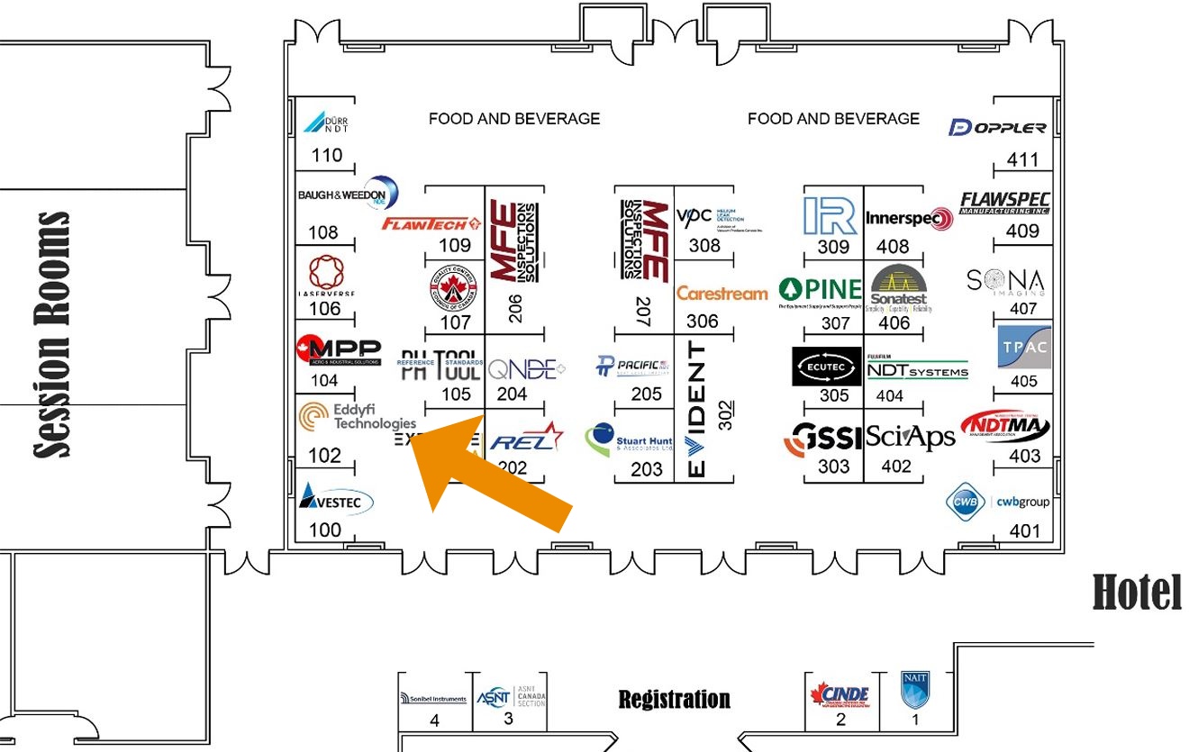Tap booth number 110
327,155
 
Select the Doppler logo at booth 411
997,127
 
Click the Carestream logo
722,294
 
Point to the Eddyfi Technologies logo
359,416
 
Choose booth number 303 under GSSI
833,467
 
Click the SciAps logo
910,438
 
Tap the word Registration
674,699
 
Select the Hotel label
1137,593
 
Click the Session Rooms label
53,334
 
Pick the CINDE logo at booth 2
840,694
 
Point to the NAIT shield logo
914,690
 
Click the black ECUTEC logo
827,367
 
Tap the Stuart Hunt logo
630,439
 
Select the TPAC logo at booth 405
1024,348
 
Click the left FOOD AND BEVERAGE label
513,118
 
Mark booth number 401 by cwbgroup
1024,531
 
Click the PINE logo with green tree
821,291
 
